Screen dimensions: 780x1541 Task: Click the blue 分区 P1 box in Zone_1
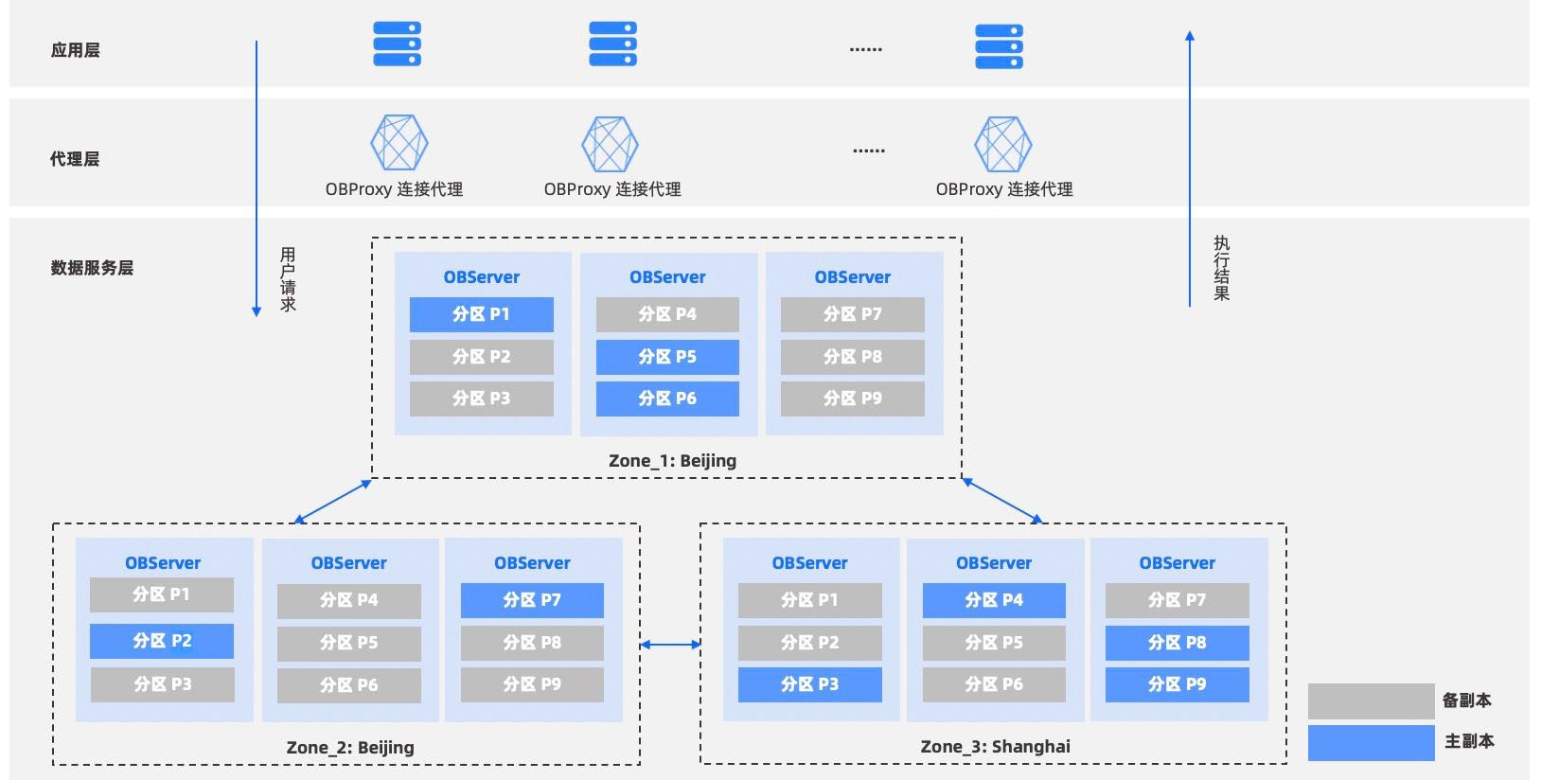[x=481, y=314]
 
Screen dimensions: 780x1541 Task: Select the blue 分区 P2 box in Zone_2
[x=162, y=641]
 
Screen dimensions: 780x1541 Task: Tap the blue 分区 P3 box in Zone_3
[x=809, y=684]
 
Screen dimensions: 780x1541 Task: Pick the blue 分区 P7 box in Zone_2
[x=532, y=600]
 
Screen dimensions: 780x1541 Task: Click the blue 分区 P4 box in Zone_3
[x=993, y=600]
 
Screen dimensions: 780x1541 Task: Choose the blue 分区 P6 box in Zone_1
[x=667, y=399]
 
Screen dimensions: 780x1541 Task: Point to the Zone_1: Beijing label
[x=672, y=461]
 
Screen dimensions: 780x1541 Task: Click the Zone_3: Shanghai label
[x=995, y=746]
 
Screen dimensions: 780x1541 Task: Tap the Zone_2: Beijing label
[x=350, y=747]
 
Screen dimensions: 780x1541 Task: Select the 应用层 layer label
[x=76, y=50]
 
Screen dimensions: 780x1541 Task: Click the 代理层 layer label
[x=75, y=159]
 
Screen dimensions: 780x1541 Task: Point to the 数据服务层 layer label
[x=92, y=268]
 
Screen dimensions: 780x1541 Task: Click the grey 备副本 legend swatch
[x=1371, y=701]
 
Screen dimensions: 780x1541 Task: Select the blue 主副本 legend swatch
[x=1371, y=742]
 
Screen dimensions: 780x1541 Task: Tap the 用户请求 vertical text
[x=288, y=279]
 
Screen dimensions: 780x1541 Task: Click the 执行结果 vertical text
[x=1222, y=269]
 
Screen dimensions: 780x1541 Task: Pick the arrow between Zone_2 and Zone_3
[x=670, y=645]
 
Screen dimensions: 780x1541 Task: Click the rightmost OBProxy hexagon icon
[x=1002, y=144]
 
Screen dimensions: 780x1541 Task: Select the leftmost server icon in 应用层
[x=397, y=44]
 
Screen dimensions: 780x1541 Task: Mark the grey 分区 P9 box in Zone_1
[x=852, y=399]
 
